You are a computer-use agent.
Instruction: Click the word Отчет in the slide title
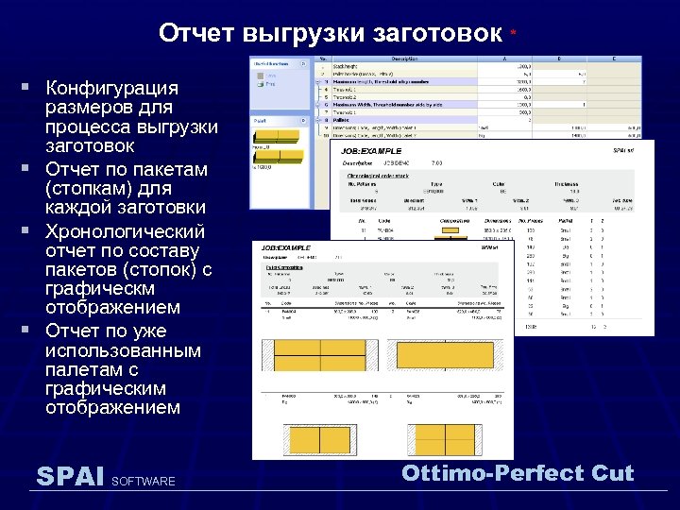pos(195,34)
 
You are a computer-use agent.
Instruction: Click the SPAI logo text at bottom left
pos(69,476)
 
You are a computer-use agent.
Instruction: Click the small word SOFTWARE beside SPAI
pos(144,482)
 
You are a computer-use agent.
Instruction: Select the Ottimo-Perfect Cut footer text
pos(518,473)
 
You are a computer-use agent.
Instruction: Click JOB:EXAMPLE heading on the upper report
pos(371,151)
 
